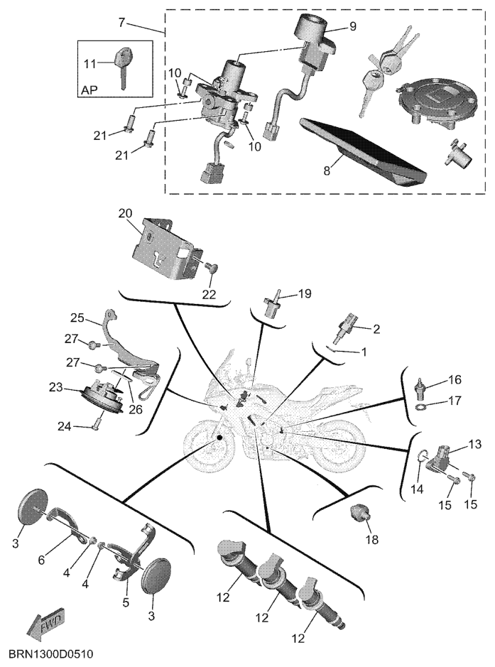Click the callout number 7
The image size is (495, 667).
[x=122, y=22]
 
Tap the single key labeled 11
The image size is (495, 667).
[x=123, y=67]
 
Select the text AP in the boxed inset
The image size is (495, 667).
[x=89, y=90]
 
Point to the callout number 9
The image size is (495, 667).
[x=352, y=26]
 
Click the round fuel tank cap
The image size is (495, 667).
[x=429, y=104]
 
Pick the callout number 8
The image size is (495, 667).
[x=327, y=170]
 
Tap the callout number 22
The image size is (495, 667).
[x=210, y=294]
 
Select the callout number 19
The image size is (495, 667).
[x=305, y=293]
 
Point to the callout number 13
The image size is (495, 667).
[x=475, y=445]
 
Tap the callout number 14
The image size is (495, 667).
[x=417, y=489]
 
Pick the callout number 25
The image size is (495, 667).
[x=77, y=318]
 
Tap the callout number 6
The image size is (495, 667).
[x=41, y=560]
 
